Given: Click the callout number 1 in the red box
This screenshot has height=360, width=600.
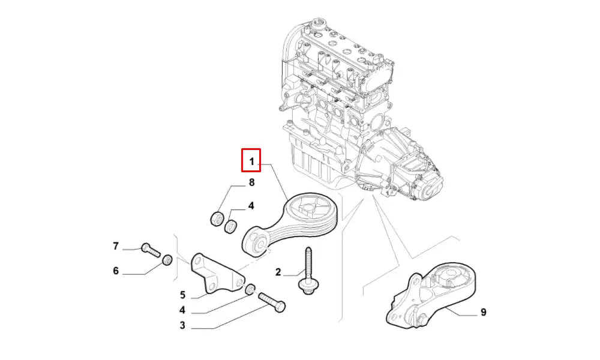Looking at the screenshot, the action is click(251, 161).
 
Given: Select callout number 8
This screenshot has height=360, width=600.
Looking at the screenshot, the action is click(251, 182).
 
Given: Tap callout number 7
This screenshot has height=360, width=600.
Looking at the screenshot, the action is click(116, 246).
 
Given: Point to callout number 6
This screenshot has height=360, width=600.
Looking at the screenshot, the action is click(116, 271).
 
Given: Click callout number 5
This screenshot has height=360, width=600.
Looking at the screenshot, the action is click(182, 295).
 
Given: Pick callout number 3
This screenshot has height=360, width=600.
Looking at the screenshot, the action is click(182, 326).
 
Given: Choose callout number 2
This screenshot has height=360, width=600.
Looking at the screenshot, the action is click(278, 272).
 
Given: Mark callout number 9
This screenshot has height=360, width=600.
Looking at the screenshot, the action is click(483, 312).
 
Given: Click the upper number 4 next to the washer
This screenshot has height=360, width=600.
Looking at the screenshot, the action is click(251, 206).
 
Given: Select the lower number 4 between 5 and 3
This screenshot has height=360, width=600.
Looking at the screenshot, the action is click(182, 310).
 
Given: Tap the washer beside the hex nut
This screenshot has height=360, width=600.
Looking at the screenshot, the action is click(230, 226).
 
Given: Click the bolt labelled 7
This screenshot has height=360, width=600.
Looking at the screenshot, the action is click(151, 250).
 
